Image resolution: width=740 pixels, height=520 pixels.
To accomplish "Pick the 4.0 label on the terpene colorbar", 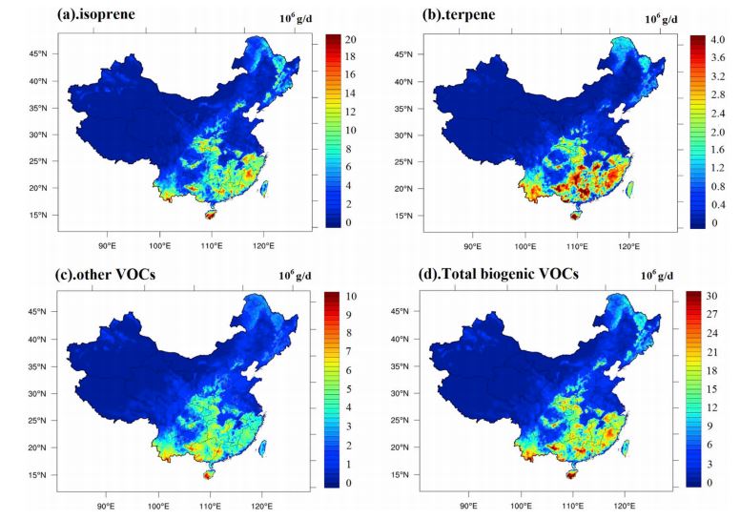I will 716,41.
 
